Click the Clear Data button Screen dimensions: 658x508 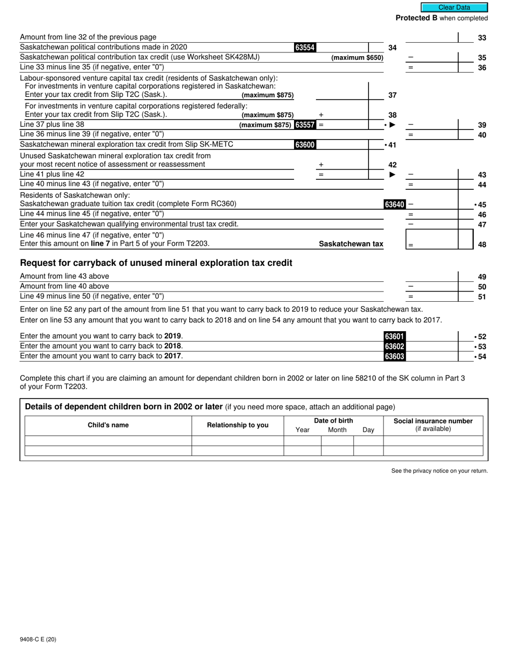(x=454, y=7)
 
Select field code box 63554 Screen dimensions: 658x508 (x=305, y=48)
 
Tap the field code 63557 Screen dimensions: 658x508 (x=305, y=125)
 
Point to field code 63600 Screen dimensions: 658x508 (x=305, y=145)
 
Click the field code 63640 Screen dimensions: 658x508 (x=395, y=204)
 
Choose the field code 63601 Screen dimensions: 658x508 (x=395, y=336)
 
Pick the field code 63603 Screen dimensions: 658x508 (x=395, y=356)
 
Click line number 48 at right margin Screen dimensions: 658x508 (x=482, y=244)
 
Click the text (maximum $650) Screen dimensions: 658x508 (x=357, y=58)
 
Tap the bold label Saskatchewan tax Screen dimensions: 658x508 (x=351, y=244)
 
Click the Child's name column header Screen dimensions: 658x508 (x=108, y=425)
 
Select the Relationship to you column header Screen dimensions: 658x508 (x=237, y=425)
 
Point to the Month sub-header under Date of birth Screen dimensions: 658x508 (x=337, y=430)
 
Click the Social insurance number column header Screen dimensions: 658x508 (x=433, y=421)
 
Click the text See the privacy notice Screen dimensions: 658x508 (x=439, y=471)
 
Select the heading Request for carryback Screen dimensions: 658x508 (x=156, y=263)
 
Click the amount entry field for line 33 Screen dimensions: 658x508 (x=432, y=37)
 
